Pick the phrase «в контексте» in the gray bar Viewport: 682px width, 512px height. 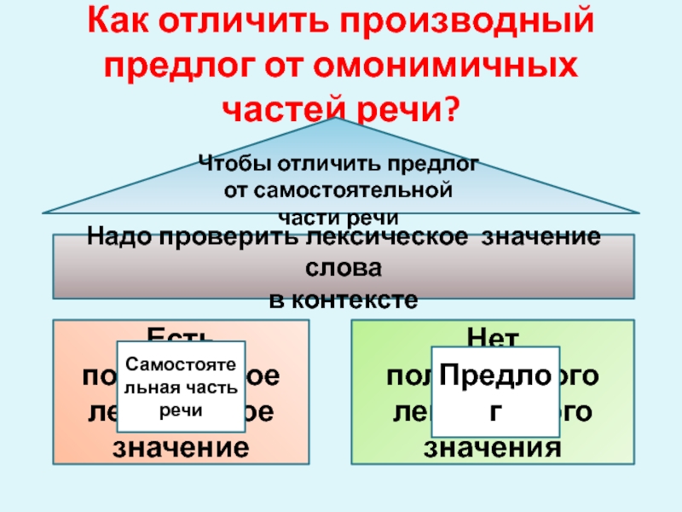(x=344, y=300)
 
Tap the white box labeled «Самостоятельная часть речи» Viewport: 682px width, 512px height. (x=181, y=387)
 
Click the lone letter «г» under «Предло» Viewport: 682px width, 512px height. (x=494, y=408)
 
